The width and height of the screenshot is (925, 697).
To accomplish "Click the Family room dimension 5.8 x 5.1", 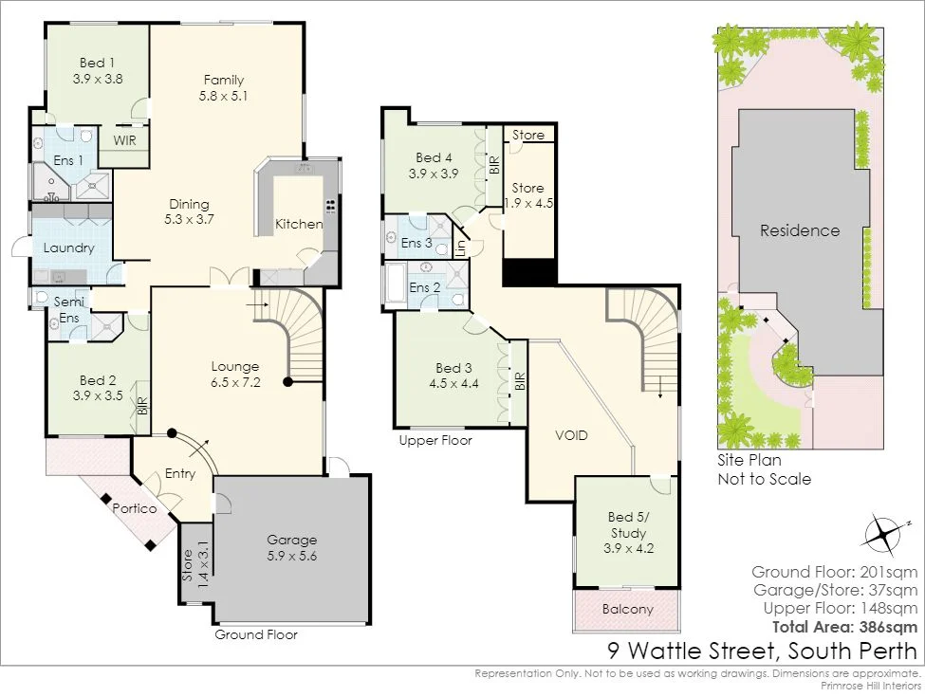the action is pyautogui.click(x=223, y=96).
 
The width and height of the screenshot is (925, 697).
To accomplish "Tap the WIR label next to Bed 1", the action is pyautogui.click(x=124, y=140).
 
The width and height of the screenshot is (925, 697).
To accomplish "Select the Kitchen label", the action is pyautogui.click(x=299, y=224).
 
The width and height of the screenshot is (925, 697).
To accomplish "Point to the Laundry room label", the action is pyautogui.click(x=69, y=248).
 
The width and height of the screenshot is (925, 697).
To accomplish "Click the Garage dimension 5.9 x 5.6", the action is pyautogui.click(x=292, y=556).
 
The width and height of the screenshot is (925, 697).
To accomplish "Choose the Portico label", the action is pyautogui.click(x=135, y=508).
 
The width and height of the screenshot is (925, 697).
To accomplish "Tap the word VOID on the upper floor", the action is pyautogui.click(x=571, y=436).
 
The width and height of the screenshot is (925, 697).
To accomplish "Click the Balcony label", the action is pyautogui.click(x=628, y=609).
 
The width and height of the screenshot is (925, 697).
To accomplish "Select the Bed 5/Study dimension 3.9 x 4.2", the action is pyautogui.click(x=628, y=548).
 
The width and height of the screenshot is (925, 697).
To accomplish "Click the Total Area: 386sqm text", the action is pyautogui.click(x=844, y=627).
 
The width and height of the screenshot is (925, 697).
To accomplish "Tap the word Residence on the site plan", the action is pyautogui.click(x=800, y=230).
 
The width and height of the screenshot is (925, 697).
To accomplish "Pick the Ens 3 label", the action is pyautogui.click(x=416, y=243).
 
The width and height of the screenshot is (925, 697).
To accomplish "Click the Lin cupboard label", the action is pyautogui.click(x=461, y=248).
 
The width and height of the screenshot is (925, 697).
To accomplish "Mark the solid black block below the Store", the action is pyautogui.click(x=529, y=272).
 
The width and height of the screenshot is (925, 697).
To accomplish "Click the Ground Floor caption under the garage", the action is pyautogui.click(x=256, y=635).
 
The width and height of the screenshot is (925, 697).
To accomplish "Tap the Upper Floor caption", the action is pyautogui.click(x=435, y=441).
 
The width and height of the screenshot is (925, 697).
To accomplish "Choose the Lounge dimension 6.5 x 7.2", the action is pyautogui.click(x=235, y=382).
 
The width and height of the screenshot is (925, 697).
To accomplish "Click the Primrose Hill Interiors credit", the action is pyautogui.click(x=871, y=686).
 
